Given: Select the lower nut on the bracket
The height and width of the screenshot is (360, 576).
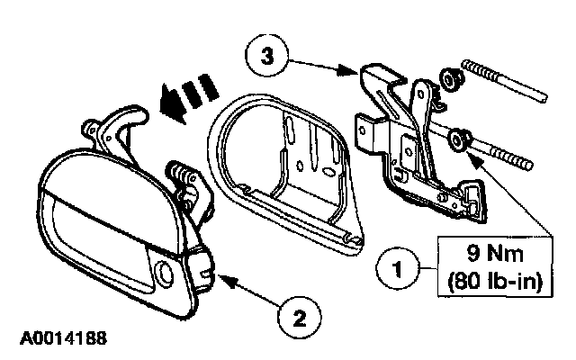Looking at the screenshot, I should click(461, 139).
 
